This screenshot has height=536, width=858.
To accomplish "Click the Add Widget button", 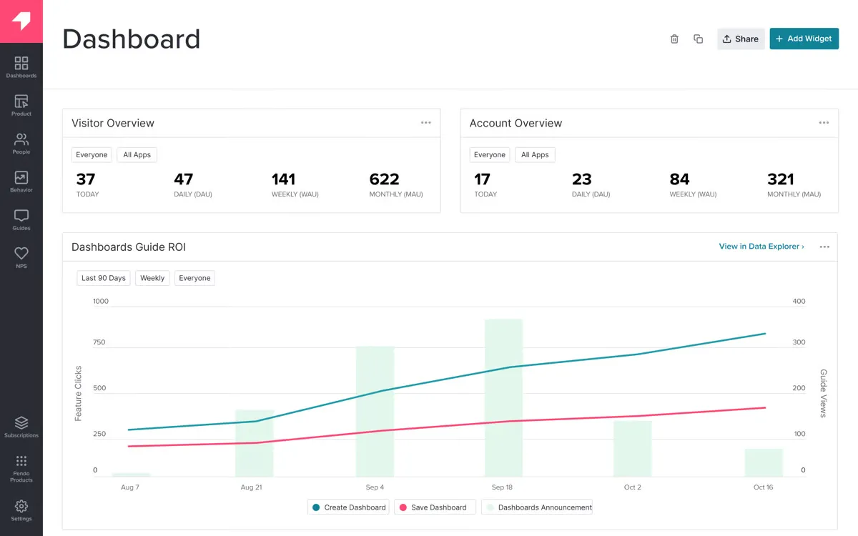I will pyautogui.click(x=804, y=39).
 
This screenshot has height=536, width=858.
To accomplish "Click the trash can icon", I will pyautogui.click(x=674, y=39).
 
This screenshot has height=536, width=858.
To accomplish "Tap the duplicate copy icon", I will pyautogui.click(x=699, y=39).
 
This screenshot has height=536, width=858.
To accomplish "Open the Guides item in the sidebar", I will pyautogui.click(x=21, y=219).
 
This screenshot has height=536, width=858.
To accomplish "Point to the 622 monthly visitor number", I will pyautogui.click(x=384, y=179).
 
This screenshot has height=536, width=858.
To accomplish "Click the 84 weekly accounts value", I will pyautogui.click(x=679, y=179).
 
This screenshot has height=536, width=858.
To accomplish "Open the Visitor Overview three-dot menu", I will pyautogui.click(x=426, y=123).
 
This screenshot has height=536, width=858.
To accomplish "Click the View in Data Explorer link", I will pyautogui.click(x=761, y=247).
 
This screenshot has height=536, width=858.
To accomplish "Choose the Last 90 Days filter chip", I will pyautogui.click(x=104, y=278).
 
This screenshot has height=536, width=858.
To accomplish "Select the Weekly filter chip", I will pyautogui.click(x=152, y=278).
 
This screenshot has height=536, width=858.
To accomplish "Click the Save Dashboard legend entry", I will pyautogui.click(x=433, y=507).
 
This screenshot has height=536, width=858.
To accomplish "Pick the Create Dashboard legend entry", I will pyautogui.click(x=349, y=507).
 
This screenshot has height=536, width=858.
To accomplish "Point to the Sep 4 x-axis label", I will pyautogui.click(x=375, y=487).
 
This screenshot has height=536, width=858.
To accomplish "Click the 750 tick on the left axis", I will pyautogui.click(x=99, y=342).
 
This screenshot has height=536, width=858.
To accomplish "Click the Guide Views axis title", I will pyautogui.click(x=823, y=393).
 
